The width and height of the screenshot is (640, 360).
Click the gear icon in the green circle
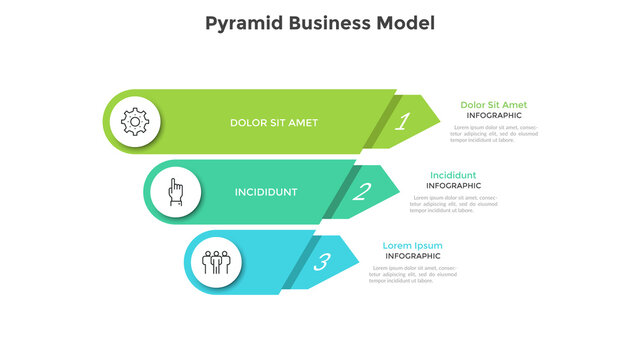click(x=134, y=122)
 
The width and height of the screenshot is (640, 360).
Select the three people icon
click(x=216, y=262)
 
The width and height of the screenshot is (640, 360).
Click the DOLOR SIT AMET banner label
click(x=273, y=123)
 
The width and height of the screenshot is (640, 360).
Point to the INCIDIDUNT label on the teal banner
click(x=266, y=192)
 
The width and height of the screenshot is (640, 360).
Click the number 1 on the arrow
click(x=402, y=123)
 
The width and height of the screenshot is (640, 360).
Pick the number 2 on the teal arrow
click(x=362, y=192)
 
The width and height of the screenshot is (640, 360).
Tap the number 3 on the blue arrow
click(x=321, y=263)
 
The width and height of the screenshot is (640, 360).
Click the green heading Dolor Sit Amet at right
click(x=493, y=104)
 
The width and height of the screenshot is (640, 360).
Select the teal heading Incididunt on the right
click(x=453, y=175)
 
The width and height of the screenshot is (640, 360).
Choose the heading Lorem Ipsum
click(x=412, y=245)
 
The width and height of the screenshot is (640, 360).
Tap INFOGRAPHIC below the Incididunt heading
click(x=453, y=186)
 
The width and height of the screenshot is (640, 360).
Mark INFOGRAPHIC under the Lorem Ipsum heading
click(x=412, y=256)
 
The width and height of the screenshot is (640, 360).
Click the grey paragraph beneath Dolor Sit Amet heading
click(x=493, y=134)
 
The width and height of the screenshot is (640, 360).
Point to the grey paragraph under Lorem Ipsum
click(x=412, y=275)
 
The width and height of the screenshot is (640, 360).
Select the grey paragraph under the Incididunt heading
click(x=453, y=204)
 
